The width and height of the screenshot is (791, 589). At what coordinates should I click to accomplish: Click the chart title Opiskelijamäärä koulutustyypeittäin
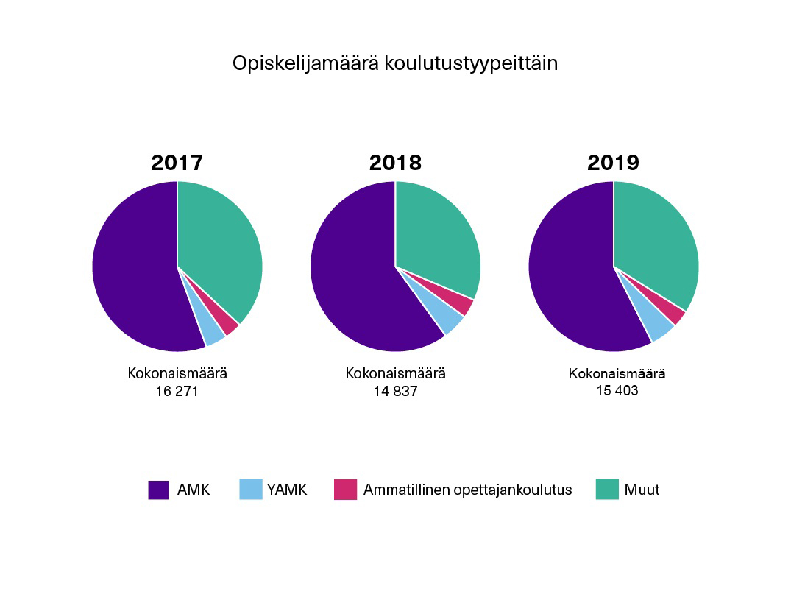click(x=395, y=63)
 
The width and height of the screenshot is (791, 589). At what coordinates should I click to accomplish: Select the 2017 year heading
click(x=177, y=163)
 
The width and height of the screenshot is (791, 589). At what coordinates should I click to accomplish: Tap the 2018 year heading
click(x=395, y=163)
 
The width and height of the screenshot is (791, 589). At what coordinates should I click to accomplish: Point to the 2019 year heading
click(x=613, y=163)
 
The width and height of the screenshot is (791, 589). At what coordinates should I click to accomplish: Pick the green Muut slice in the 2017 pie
click(x=221, y=243)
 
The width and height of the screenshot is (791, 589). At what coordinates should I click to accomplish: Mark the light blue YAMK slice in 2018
click(x=450, y=322)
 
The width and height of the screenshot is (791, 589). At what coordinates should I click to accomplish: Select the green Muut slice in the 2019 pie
click(x=656, y=239)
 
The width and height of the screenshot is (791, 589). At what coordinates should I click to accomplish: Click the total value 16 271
click(x=177, y=392)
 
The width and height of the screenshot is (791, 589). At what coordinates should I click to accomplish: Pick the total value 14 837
click(x=395, y=392)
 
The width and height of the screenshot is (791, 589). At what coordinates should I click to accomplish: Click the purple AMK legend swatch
click(x=158, y=490)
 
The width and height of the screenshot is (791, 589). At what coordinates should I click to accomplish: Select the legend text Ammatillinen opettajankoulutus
click(x=467, y=490)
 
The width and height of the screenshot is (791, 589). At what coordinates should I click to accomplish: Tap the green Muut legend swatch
click(x=607, y=490)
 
